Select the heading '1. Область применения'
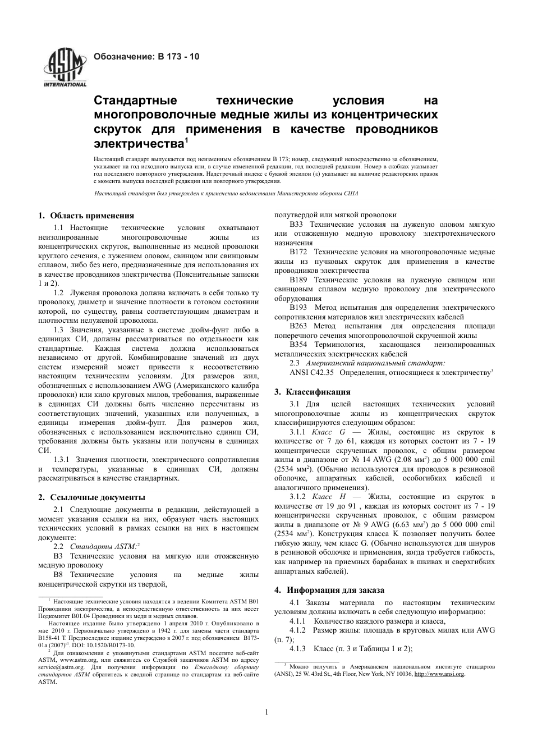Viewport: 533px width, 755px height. pos(86,215)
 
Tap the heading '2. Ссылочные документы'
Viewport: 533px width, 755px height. pos(91,497)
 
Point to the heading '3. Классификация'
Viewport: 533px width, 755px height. pos(312,392)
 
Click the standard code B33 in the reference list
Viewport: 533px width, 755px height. pos(297,224)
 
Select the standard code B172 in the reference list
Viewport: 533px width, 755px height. pos(298,252)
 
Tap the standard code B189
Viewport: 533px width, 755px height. pos(298,280)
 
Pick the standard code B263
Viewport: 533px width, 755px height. pos(298,326)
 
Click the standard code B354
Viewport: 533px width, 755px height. pos(298,345)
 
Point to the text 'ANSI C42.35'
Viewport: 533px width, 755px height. pos(311,372)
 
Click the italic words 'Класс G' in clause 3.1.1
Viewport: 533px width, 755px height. pos(328,432)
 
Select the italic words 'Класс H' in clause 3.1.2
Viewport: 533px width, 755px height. pos(328,497)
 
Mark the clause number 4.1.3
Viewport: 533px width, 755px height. pos(297,648)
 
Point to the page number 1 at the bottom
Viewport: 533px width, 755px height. pos(266,712)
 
